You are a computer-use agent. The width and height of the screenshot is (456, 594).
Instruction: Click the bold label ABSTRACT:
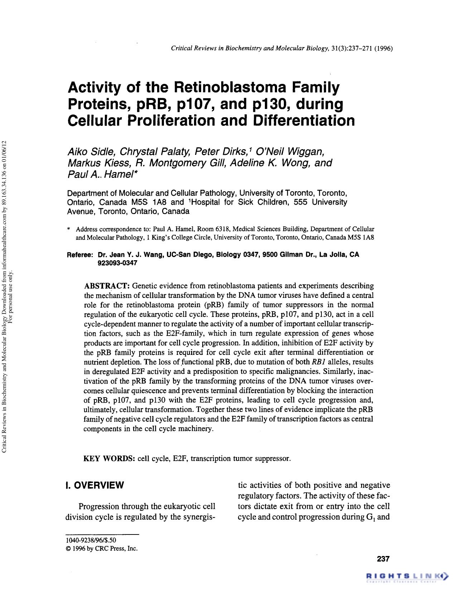tap(106, 286)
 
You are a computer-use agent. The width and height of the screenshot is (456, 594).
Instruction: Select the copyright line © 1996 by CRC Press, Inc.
tap(102, 548)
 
